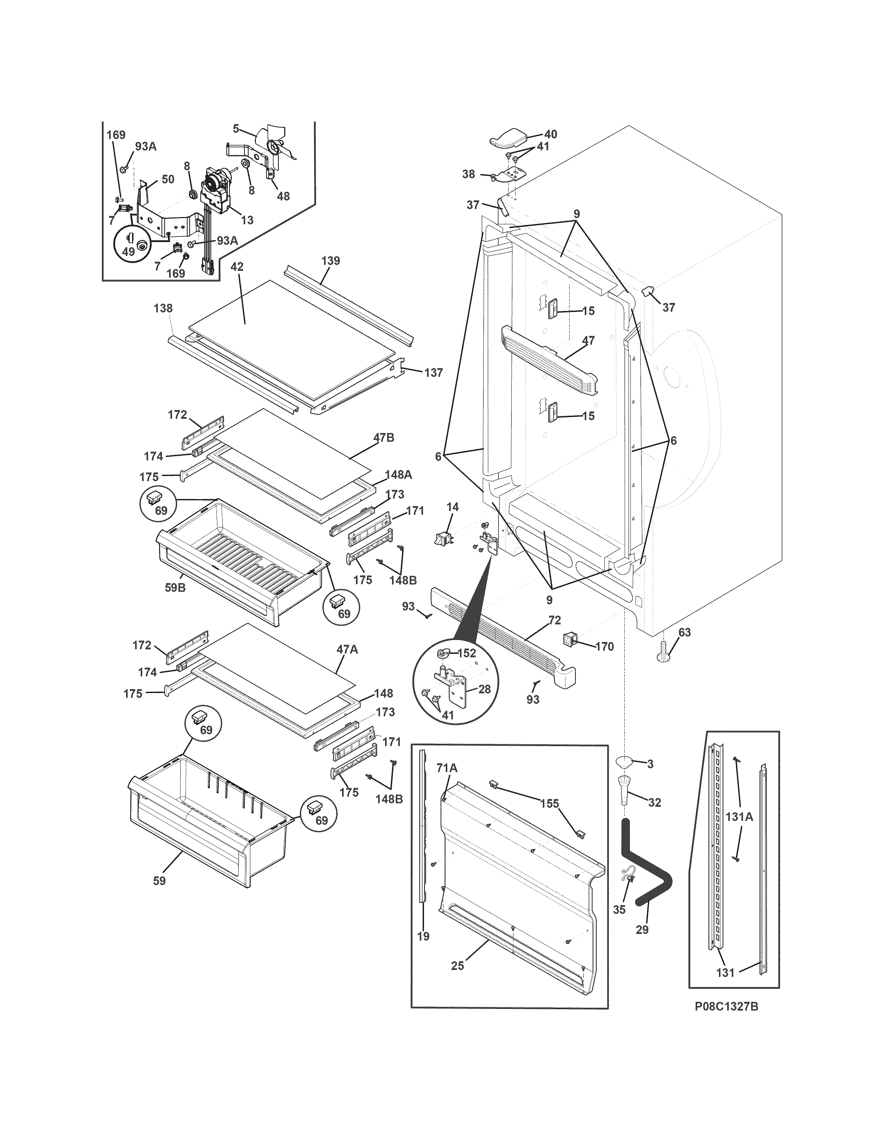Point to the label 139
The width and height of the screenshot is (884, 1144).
click(x=330, y=260)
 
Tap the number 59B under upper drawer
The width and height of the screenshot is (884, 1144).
click(x=175, y=588)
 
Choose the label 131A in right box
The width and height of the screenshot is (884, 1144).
click(x=739, y=831)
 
